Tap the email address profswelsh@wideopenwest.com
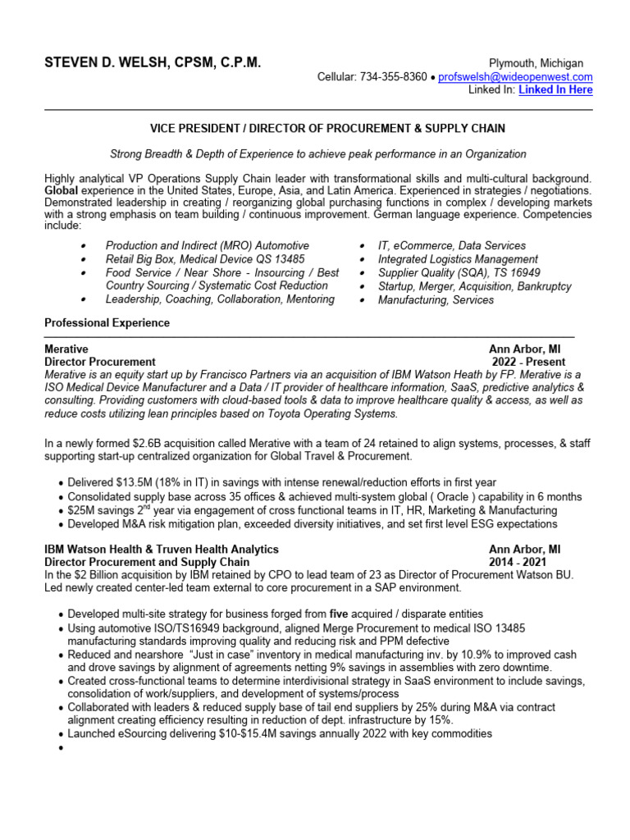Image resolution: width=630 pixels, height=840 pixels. pyautogui.click(x=515, y=77)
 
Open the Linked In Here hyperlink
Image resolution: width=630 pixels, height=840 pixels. pyautogui.click(x=555, y=90)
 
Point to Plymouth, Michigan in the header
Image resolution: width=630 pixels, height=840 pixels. pyautogui.click(x=536, y=63)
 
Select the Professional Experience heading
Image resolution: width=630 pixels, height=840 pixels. pyautogui.click(x=107, y=323)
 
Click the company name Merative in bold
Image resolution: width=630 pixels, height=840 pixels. pyautogui.click(x=66, y=349)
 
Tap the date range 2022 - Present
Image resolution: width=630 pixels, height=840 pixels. pyautogui.click(x=528, y=362)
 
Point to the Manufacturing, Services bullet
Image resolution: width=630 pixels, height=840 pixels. pyautogui.click(x=436, y=300)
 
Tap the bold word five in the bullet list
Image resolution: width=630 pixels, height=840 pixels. pyautogui.click(x=340, y=614)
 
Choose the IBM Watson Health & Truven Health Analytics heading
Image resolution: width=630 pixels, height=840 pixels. pyautogui.click(x=161, y=549)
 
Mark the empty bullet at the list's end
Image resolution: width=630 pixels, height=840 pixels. pyautogui.click(x=62, y=748)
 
